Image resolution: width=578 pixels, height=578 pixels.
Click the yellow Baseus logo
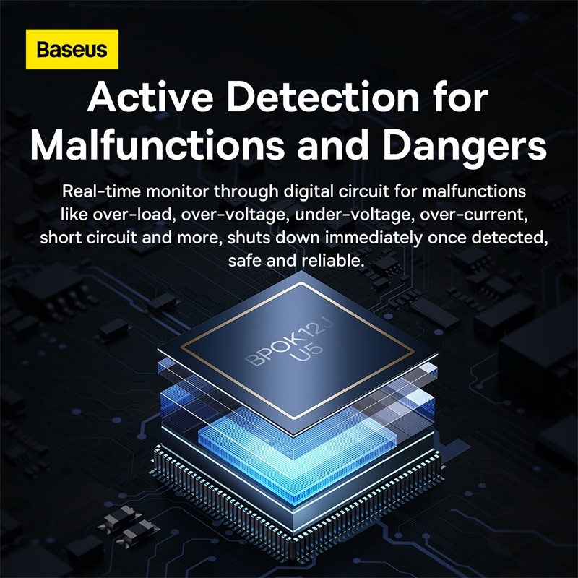[x=72, y=50]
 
